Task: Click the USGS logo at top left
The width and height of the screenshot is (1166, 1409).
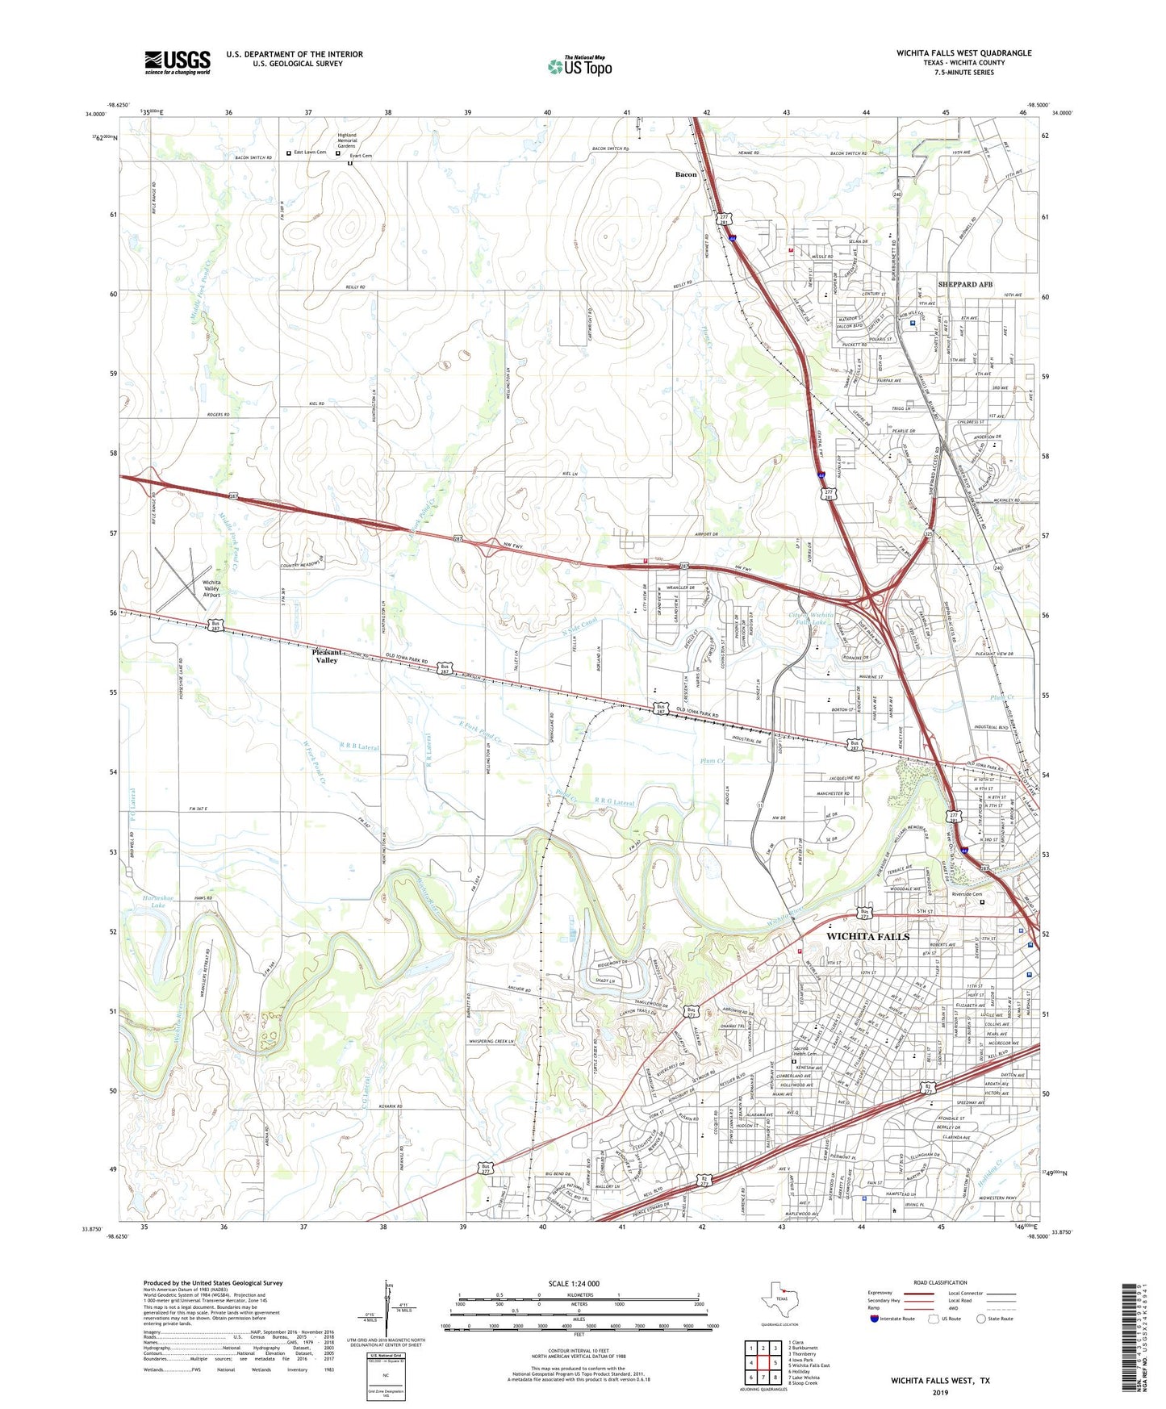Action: [x=177, y=61]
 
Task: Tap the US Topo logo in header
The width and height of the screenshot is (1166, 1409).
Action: [x=579, y=66]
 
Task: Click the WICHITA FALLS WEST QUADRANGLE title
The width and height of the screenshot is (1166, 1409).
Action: [x=963, y=53]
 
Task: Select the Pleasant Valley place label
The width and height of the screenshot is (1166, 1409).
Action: [x=326, y=655]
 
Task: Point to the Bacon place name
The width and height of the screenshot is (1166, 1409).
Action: [x=685, y=174]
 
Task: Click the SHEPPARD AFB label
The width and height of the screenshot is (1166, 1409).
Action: [x=965, y=284]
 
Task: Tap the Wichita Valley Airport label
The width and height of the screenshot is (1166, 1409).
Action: [x=211, y=588]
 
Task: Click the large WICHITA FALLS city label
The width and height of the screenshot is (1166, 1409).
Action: [x=867, y=936]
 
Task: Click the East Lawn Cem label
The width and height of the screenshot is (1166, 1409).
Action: [x=309, y=153]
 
